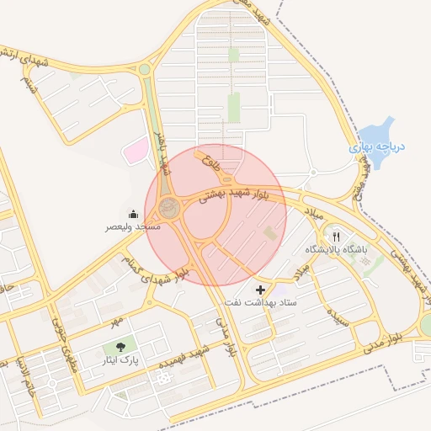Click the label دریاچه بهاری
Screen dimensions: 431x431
point(378,146)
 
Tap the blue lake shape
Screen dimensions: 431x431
point(376,130)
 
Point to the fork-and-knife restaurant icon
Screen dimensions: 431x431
point(336,237)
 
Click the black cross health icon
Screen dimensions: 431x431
point(259,290)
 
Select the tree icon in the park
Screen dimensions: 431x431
point(120,347)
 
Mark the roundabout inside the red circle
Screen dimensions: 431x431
point(172,208)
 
